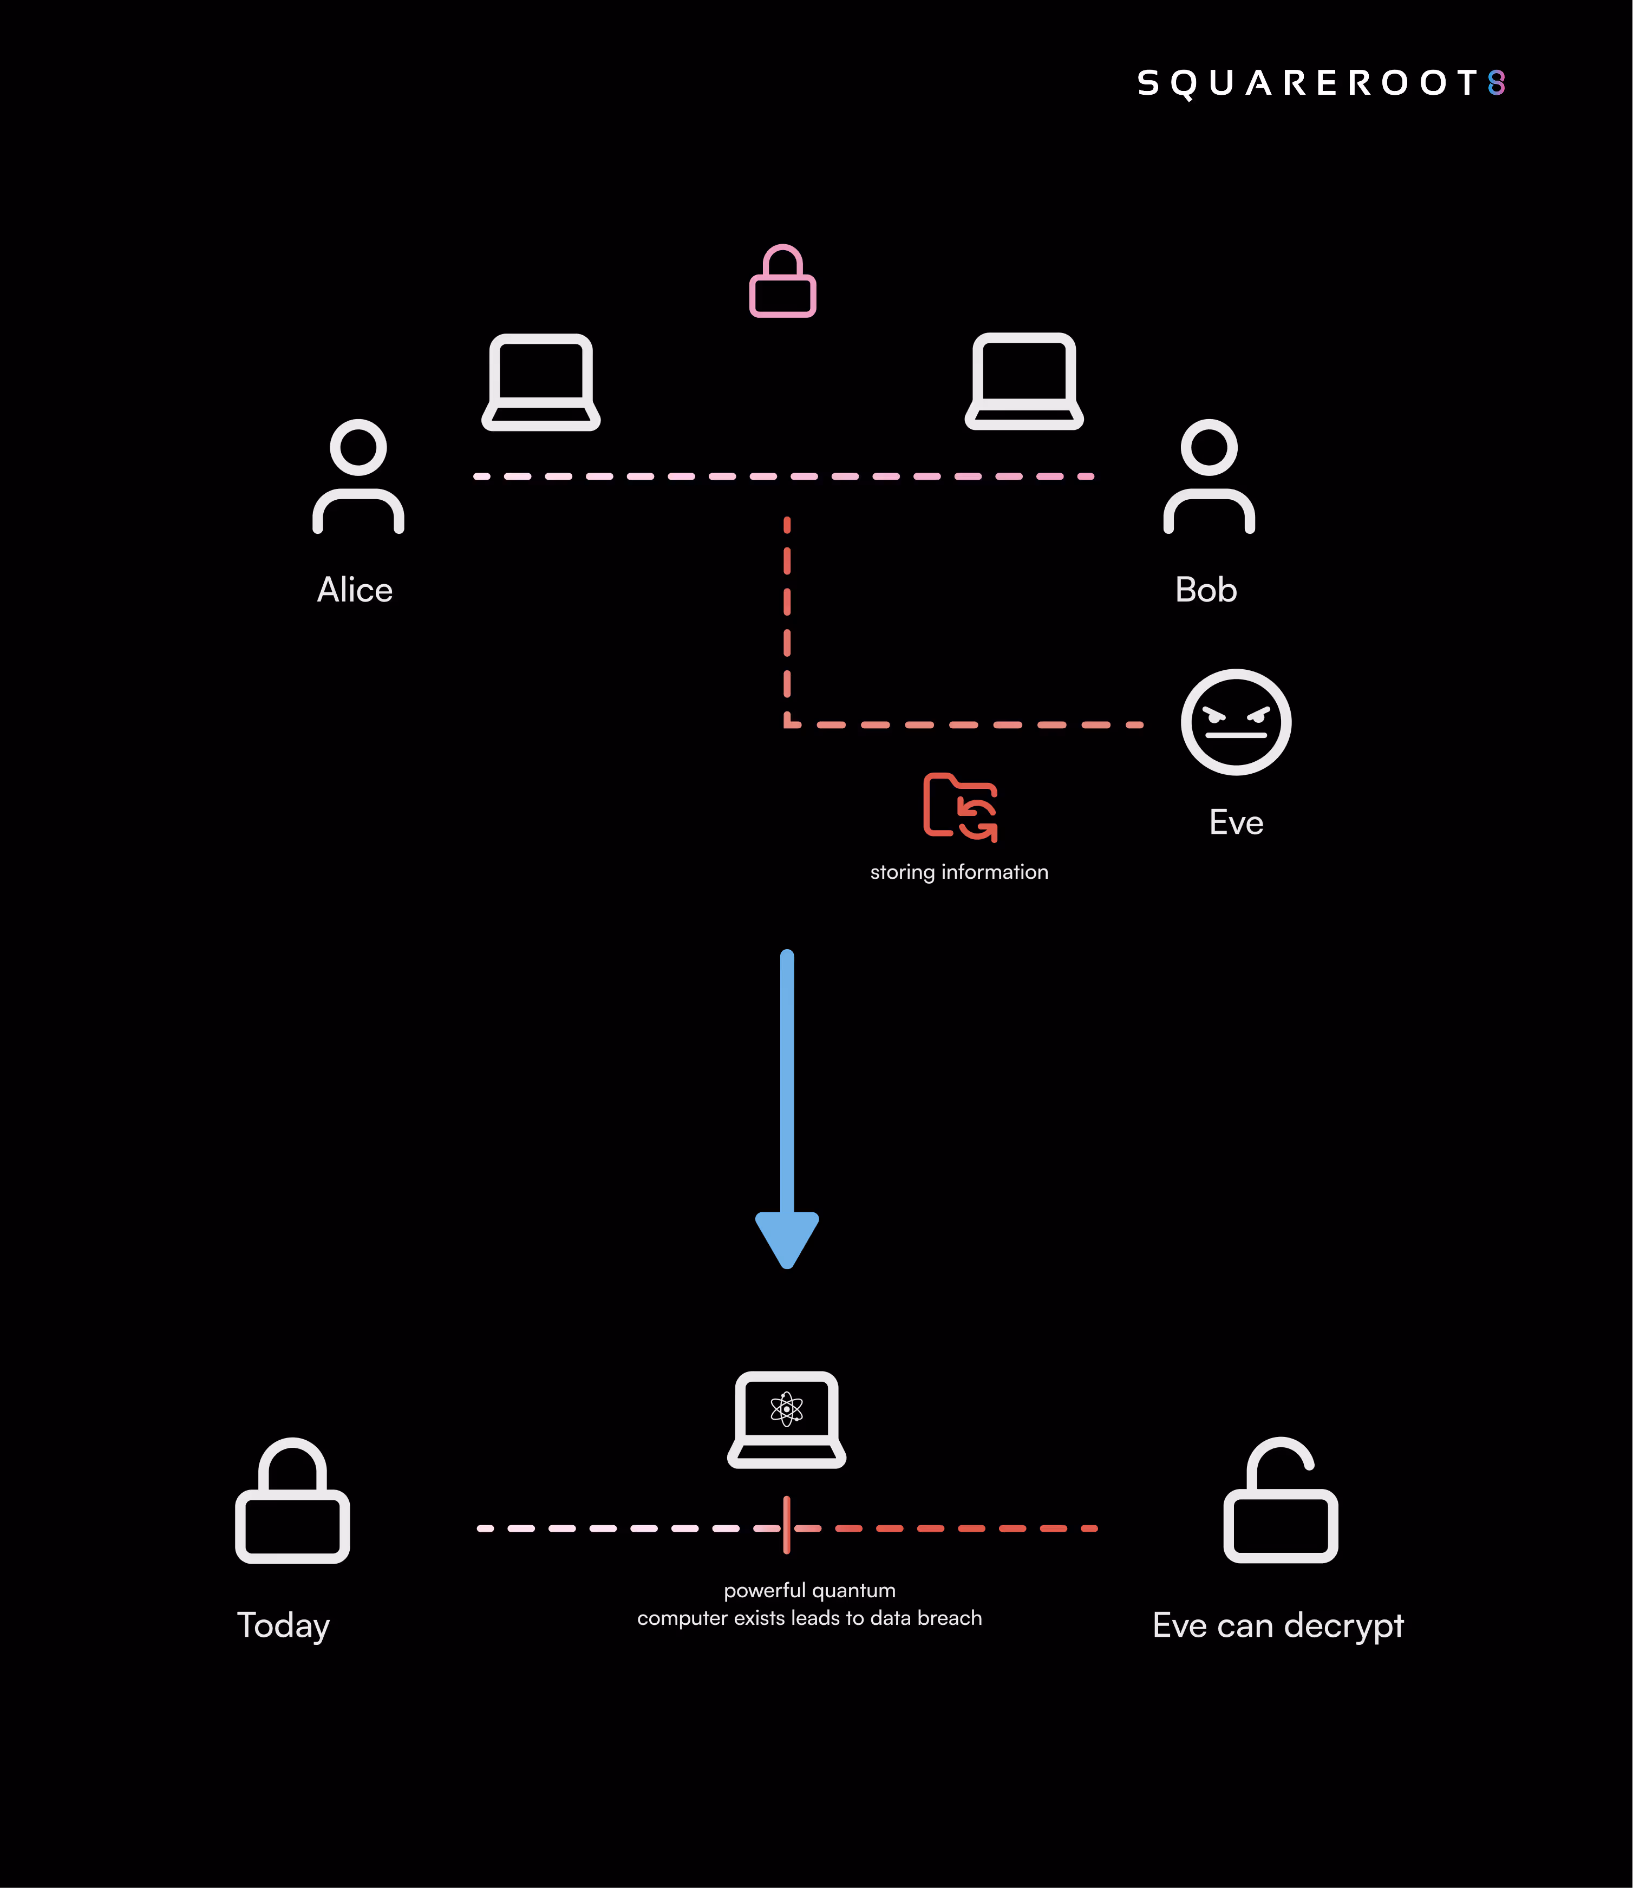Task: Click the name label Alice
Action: pyautogui.click(x=355, y=590)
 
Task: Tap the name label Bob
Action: pyautogui.click(x=1206, y=590)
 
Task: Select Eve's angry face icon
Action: pyautogui.click(x=1236, y=723)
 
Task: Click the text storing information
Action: pyautogui.click(x=959, y=872)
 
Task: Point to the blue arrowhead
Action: pyautogui.click(x=787, y=1239)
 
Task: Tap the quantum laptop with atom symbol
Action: pyautogui.click(x=786, y=1419)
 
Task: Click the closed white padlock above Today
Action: pyautogui.click(x=292, y=1501)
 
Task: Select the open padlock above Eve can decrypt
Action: pyautogui.click(x=1281, y=1501)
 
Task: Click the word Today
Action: pyautogui.click(x=283, y=1625)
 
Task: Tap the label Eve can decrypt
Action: pyautogui.click(x=1278, y=1625)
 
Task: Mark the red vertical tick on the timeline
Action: pyautogui.click(x=786, y=1525)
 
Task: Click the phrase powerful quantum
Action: pyautogui.click(x=809, y=1590)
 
